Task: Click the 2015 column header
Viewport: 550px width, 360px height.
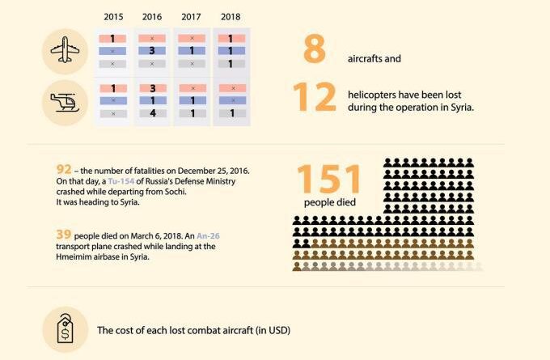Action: click(x=114, y=16)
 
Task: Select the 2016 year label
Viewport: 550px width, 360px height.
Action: click(x=152, y=16)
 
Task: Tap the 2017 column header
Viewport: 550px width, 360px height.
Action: click(x=192, y=16)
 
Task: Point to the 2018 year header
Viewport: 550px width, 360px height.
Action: click(x=231, y=16)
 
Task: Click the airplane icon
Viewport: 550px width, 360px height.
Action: click(x=66, y=50)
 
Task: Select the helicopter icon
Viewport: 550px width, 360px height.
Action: click(x=66, y=101)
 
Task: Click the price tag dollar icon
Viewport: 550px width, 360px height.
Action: click(x=66, y=330)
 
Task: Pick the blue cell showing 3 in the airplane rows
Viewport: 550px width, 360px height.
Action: click(x=152, y=51)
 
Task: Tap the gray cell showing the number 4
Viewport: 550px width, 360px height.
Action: click(x=152, y=114)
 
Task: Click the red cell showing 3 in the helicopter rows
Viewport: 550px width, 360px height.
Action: click(x=152, y=88)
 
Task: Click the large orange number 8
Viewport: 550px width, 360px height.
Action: click(x=314, y=50)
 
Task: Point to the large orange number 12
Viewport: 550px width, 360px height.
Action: click(x=314, y=98)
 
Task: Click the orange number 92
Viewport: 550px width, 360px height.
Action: click(x=64, y=169)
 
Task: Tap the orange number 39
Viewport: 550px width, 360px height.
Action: click(x=64, y=234)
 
